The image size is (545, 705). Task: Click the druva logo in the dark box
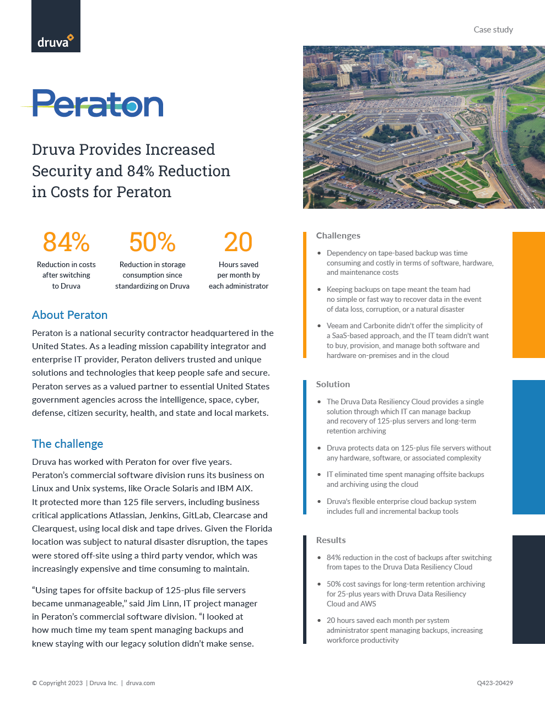(x=55, y=41)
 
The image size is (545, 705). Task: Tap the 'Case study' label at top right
(x=493, y=30)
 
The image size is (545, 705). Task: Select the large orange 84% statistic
(x=66, y=242)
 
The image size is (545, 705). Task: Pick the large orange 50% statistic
(x=152, y=242)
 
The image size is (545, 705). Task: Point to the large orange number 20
(x=238, y=242)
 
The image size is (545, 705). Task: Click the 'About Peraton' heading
(x=69, y=315)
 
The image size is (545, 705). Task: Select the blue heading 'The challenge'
(x=67, y=444)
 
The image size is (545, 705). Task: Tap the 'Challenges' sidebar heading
(x=338, y=236)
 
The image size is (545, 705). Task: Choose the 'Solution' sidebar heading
(x=333, y=384)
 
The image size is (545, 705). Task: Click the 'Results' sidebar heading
(x=331, y=540)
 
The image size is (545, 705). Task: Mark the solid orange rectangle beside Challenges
(x=528, y=295)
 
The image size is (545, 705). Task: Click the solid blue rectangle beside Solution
(x=528, y=447)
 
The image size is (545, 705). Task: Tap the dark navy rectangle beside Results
(x=528, y=589)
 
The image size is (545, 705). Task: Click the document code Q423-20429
(x=495, y=683)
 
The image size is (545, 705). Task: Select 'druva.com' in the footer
(x=141, y=683)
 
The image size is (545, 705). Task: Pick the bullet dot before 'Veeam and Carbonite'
(x=319, y=326)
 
